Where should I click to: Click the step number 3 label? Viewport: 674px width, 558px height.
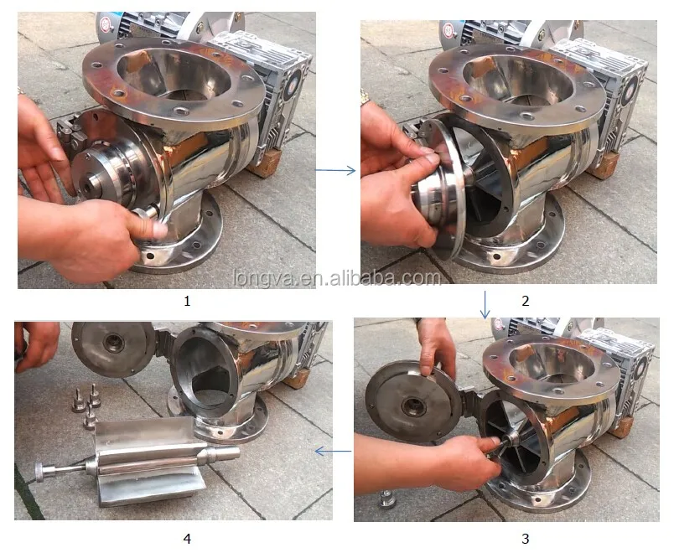526,539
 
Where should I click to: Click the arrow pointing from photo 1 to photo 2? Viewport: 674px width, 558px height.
334,171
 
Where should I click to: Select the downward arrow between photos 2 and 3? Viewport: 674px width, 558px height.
485,303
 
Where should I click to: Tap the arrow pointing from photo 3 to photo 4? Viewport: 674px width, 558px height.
333,452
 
